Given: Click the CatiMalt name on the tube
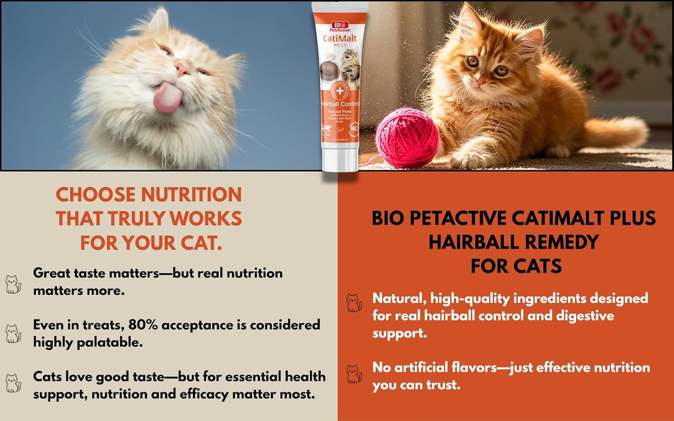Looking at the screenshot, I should pos(340,38).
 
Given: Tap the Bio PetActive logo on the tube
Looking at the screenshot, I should pos(340,26).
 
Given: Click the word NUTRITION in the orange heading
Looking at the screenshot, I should pos(192,195).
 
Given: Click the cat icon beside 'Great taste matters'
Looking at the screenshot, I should pos(13,284).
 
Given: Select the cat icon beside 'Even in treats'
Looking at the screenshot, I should pos(13,333).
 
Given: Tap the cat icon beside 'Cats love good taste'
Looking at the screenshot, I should pos(13,383).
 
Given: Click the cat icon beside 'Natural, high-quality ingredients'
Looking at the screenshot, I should pos(354,303).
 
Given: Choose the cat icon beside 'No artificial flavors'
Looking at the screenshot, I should pos(354,373).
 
